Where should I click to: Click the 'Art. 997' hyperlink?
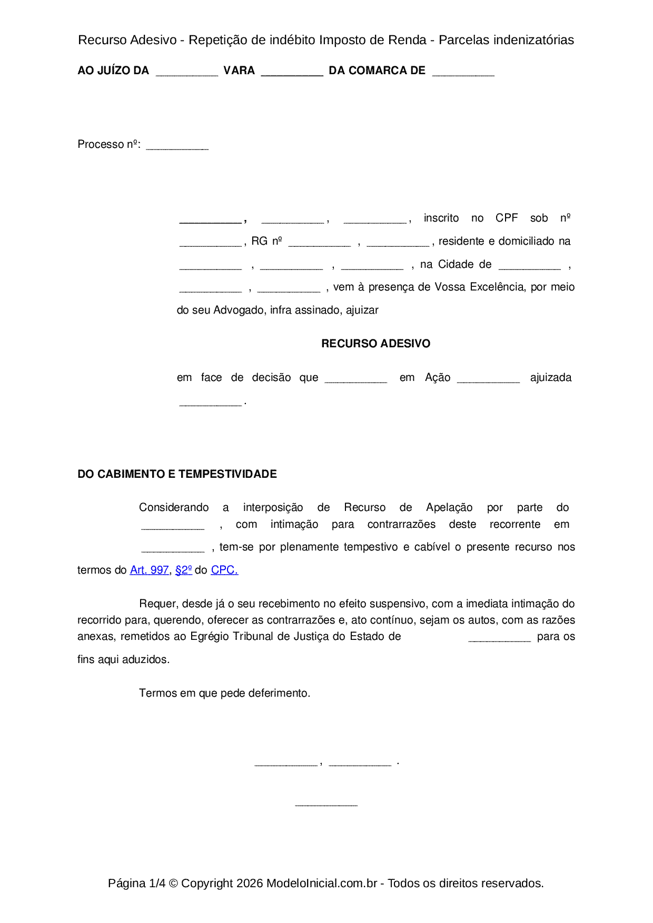pyautogui.click(x=149, y=570)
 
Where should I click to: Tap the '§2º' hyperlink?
pyautogui.click(x=183, y=570)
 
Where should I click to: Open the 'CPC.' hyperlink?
pyautogui.click(x=224, y=570)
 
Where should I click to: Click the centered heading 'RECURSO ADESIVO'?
pyautogui.click(x=375, y=344)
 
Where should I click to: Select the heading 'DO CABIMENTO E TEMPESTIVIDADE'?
pyautogui.click(x=177, y=474)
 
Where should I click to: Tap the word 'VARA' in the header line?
pyautogui.click(x=239, y=71)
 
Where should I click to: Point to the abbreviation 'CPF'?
pyautogui.click(x=507, y=218)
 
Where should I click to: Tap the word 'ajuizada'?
pyautogui.click(x=550, y=377)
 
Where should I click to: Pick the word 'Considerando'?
pyautogui.click(x=174, y=507)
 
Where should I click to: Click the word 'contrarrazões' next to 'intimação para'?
pyautogui.click(x=401, y=524)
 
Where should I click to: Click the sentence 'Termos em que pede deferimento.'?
pyautogui.click(x=224, y=693)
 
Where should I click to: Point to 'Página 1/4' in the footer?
pyautogui.click(x=136, y=883)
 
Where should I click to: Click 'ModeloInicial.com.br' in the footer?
pyautogui.click(x=321, y=883)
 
